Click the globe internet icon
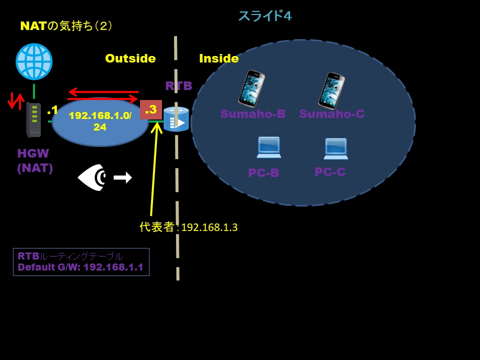[34, 62]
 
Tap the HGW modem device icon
[33, 119]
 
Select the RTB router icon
[176, 119]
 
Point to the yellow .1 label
[52, 110]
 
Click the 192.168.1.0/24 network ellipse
[100, 121]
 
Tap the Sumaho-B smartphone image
[251, 88]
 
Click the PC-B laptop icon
[268, 147]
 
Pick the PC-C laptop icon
[335, 148]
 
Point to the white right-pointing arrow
[122, 177]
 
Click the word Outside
[130, 58]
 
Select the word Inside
[218, 58]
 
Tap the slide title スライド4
[264, 16]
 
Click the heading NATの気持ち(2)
[66, 26]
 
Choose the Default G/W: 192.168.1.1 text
[80, 267]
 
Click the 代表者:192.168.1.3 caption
[188, 227]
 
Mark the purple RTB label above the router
[178, 85]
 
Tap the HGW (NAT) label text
[35, 160]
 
